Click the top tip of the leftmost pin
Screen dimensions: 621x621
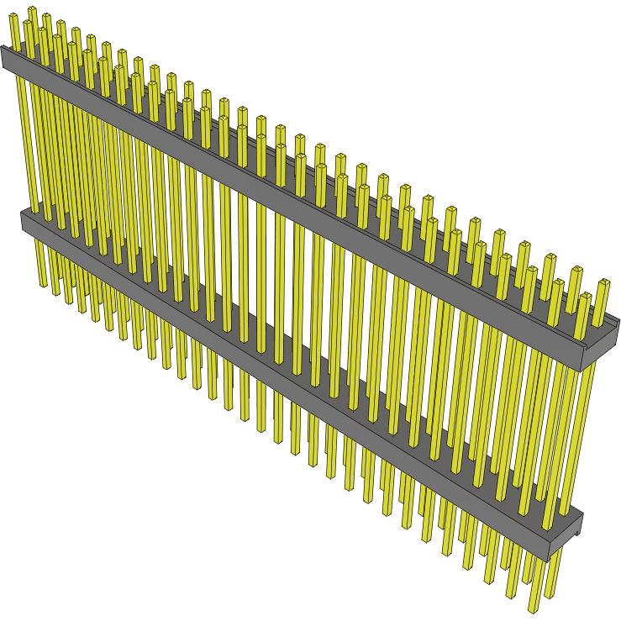point(14,17)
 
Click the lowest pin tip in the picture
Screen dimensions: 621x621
point(534,609)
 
